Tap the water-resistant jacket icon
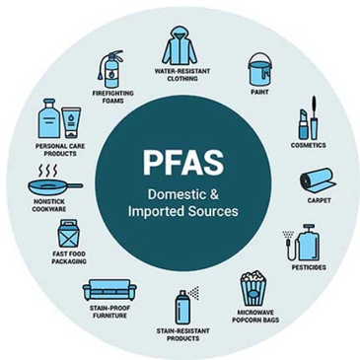(179, 45)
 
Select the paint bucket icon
(259, 69)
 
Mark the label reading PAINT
(259, 94)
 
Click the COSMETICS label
(308, 145)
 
